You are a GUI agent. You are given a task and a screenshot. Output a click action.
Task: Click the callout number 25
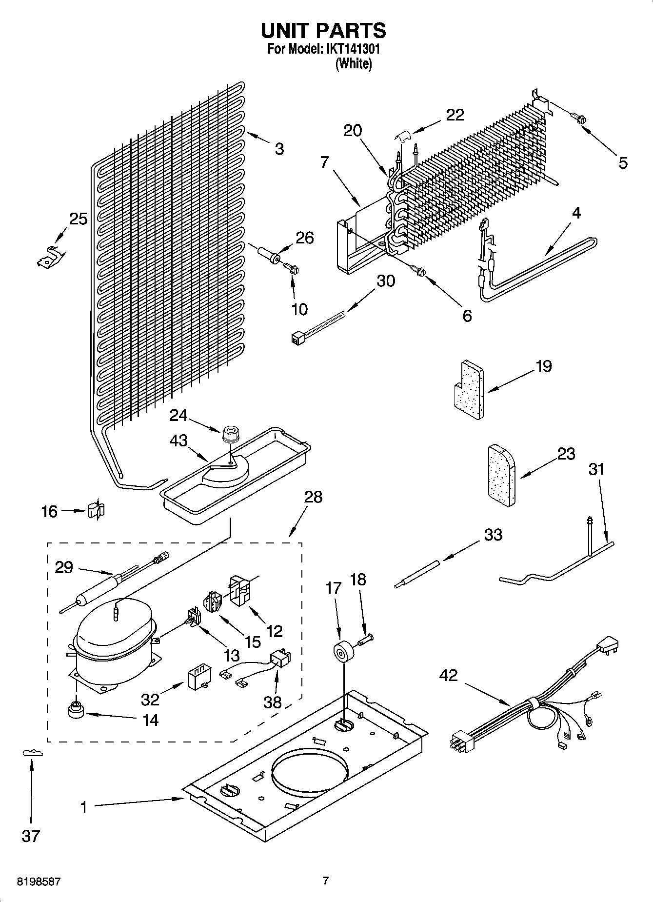click(x=78, y=219)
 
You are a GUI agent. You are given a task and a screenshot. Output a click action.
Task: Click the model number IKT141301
click(x=349, y=49)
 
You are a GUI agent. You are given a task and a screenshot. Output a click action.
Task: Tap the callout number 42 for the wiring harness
click(x=448, y=675)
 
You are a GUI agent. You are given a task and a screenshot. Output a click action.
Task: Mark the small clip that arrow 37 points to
click(x=33, y=753)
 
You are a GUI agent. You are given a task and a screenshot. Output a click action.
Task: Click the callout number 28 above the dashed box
click(x=313, y=497)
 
